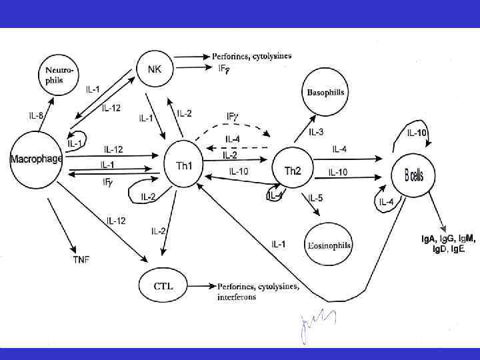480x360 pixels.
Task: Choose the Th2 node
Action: point(293,171)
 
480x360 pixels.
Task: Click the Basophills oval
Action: point(325,92)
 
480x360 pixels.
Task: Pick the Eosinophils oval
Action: point(329,244)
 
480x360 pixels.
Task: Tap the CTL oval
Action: point(163,286)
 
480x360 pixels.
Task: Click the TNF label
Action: point(81,259)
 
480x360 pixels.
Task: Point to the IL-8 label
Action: point(36,116)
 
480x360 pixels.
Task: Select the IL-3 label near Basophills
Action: point(317,132)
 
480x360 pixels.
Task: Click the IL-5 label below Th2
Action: point(316,198)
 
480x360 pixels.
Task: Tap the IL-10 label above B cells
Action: point(417,133)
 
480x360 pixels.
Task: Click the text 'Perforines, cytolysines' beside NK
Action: point(251,56)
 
